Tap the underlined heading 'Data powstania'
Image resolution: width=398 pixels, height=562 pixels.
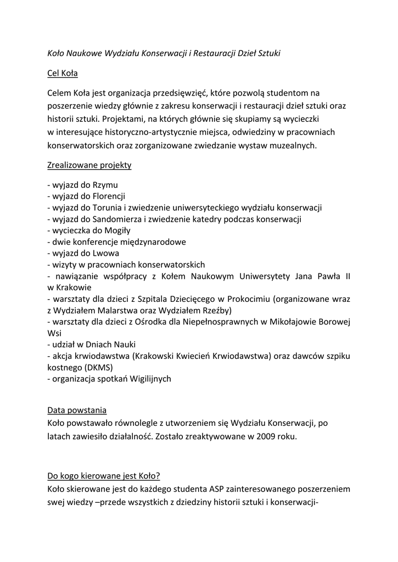[77, 410]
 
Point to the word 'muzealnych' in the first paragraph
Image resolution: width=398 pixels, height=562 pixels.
[295, 145]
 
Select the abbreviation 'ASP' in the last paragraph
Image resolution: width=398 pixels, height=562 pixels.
[218, 488]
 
